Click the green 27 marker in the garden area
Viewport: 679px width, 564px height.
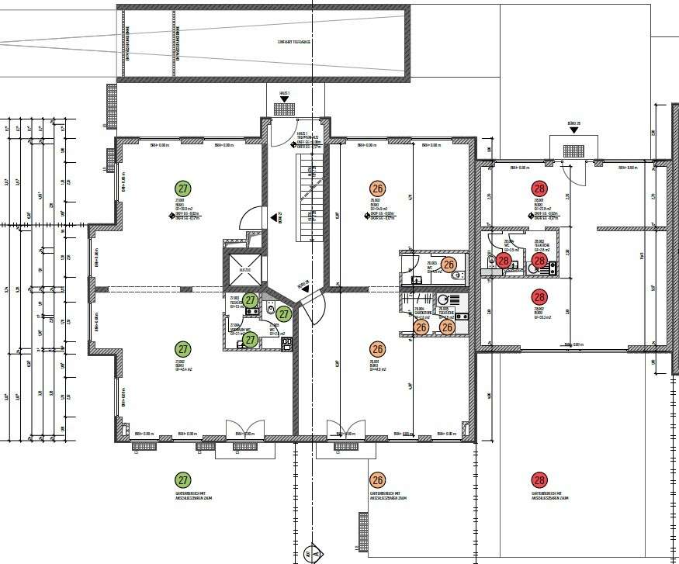point(182,480)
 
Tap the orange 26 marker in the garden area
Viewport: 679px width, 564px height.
point(378,480)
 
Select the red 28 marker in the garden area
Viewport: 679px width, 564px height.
point(539,480)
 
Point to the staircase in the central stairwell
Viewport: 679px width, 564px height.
point(309,195)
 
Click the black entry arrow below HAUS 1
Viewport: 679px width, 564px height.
point(284,106)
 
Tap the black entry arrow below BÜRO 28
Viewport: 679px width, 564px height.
point(573,130)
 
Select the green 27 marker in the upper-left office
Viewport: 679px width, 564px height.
point(183,189)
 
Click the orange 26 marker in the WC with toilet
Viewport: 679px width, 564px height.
point(449,265)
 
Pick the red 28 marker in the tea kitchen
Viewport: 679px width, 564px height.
point(539,261)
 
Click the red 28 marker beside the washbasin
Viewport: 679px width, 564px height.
point(504,261)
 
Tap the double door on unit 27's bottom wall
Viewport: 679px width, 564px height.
point(244,431)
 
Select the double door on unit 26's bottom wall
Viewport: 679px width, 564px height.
point(345,431)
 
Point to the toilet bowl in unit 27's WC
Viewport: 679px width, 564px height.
point(270,310)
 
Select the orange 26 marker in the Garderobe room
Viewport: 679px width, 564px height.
point(421,327)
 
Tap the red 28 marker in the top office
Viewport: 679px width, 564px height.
point(539,189)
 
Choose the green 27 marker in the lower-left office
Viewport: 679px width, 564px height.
point(183,349)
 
